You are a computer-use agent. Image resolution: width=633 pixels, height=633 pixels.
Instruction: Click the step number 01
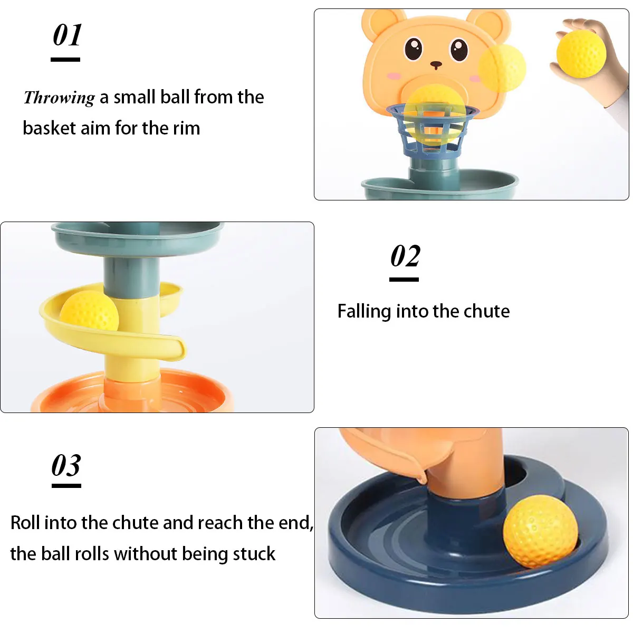pyautogui.click(x=67, y=36)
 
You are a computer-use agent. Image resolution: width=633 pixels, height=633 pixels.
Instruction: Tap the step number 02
pyautogui.click(x=405, y=256)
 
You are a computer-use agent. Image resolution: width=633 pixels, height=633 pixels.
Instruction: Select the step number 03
pyautogui.click(x=66, y=466)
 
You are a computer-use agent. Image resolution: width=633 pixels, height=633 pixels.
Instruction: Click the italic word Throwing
pyautogui.click(x=59, y=98)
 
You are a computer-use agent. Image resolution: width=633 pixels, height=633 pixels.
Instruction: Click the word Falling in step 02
pyautogui.click(x=363, y=311)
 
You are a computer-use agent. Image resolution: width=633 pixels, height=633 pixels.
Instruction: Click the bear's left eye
pyautogui.click(x=414, y=49)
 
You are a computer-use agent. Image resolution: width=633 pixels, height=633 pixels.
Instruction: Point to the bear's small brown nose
pyautogui.click(x=436, y=65)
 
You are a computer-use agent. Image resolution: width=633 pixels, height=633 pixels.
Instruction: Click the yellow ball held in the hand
pyautogui.click(x=581, y=54)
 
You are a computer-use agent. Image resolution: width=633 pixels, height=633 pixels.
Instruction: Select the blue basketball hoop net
pyautogui.click(x=433, y=132)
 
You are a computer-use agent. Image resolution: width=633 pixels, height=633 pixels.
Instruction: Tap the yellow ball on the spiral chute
pyautogui.click(x=89, y=312)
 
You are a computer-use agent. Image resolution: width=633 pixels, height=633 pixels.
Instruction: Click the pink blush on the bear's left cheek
pyautogui.click(x=394, y=76)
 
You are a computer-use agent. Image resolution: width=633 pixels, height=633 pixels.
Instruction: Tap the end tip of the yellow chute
pyautogui.click(x=180, y=349)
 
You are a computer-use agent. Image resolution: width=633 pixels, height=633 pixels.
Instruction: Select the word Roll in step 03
pyautogui.click(x=25, y=523)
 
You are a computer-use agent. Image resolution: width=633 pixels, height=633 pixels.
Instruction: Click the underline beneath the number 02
pyautogui.click(x=404, y=280)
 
